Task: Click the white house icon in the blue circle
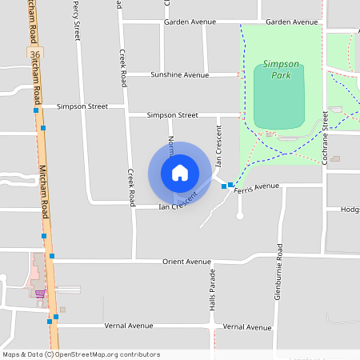point(180,173)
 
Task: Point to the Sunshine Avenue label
point(179,75)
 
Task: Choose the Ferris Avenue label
point(257,186)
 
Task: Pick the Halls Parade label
point(213,288)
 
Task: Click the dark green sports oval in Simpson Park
point(279,96)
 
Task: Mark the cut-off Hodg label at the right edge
point(350,210)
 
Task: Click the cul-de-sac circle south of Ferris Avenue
point(239,215)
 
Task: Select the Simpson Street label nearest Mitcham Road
point(82,106)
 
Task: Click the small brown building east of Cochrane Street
point(336,158)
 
